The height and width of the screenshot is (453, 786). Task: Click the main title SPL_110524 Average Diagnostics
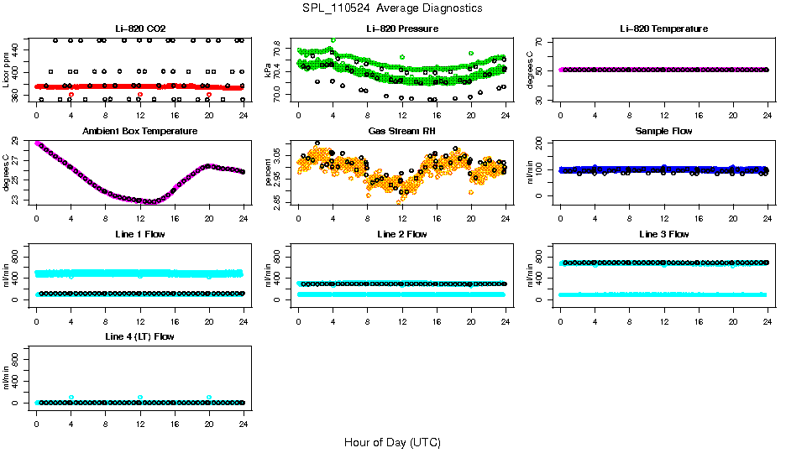pyautogui.click(x=392, y=8)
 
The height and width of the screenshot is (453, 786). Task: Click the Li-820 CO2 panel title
pyautogui.click(x=139, y=29)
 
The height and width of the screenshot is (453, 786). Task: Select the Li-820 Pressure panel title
pyautogui.click(x=401, y=29)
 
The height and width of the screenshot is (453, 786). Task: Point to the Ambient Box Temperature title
pyautogui.click(x=139, y=131)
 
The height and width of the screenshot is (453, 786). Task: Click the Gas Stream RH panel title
pyautogui.click(x=401, y=131)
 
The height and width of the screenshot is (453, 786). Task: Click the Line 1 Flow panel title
pyautogui.click(x=139, y=234)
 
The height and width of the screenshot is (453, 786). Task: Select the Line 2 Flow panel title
pyautogui.click(x=401, y=234)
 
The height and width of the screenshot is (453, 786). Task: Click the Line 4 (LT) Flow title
pyautogui.click(x=139, y=336)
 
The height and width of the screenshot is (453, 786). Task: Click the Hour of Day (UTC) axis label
pyautogui.click(x=392, y=442)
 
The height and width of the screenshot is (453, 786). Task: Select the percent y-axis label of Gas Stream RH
pyautogui.click(x=268, y=173)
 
